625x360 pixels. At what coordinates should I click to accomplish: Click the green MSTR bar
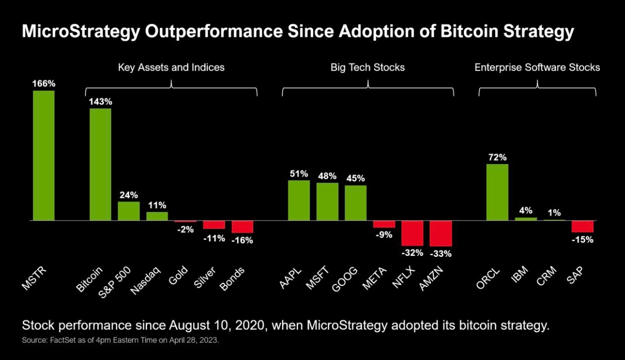click(x=44, y=156)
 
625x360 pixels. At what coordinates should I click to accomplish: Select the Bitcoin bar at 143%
click(x=101, y=164)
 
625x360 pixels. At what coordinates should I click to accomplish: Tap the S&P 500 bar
click(x=129, y=211)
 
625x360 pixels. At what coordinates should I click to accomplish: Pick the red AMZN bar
click(x=440, y=234)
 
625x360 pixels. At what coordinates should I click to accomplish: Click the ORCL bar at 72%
click(x=497, y=192)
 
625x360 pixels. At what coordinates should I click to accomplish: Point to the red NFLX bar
click(x=412, y=233)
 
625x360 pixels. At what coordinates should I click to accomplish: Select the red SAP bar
click(x=582, y=227)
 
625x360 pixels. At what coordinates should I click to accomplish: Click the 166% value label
click(x=44, y=84)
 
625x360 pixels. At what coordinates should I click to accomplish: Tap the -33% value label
click(x=440, y=254)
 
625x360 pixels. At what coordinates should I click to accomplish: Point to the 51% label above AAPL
click(x=299, y=174)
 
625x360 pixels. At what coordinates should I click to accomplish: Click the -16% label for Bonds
click(x=242, y=240)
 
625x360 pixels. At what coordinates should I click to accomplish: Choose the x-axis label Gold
click(x=178, y=275)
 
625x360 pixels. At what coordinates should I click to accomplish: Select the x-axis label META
click(x=374, y=278)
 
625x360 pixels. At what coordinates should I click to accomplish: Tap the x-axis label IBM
click(x=519, y=274)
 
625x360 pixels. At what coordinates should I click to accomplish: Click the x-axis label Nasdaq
click(x=145, y=280)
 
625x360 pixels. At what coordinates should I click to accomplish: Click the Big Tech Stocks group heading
click(x=367, y=67)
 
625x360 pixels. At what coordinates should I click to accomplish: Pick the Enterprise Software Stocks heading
click(x=537, y=67)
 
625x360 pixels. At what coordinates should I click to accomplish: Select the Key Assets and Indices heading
click(x=171, y=67)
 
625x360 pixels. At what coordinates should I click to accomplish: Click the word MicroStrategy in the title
click(x=81, y=32)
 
